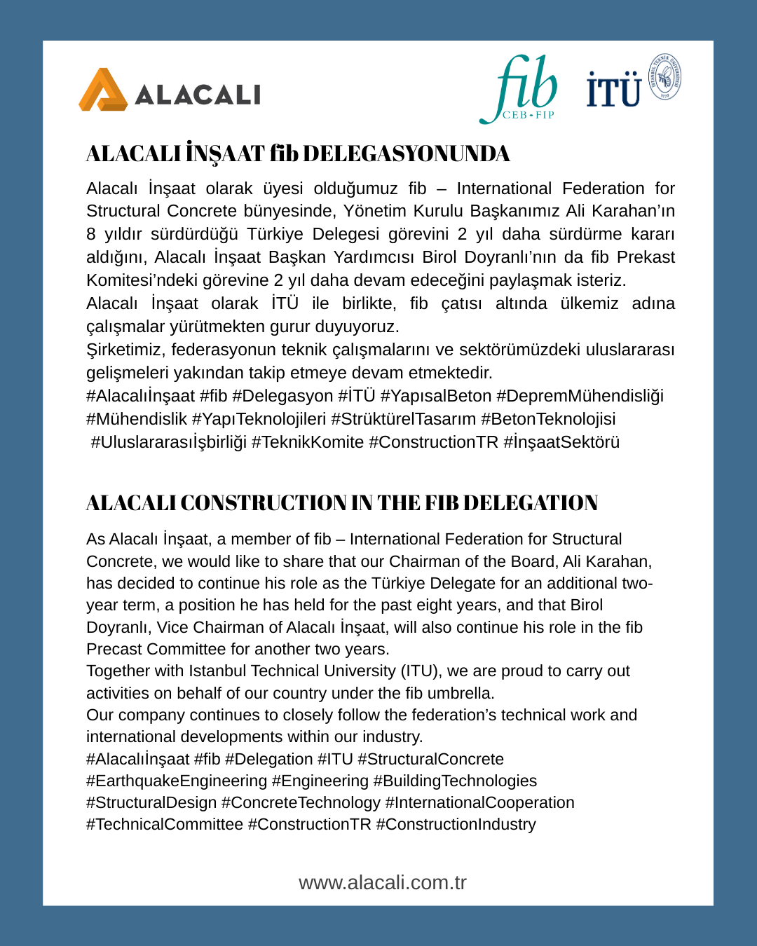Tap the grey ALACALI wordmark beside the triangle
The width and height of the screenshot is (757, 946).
click(x=198, y=95)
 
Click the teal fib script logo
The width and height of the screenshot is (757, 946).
click(x=522, y=85)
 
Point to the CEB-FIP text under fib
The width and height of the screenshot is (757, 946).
click(x=528, y=115)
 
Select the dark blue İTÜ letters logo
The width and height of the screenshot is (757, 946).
click(x=614, y=90)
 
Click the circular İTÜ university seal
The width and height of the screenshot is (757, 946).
click(x=664, y=76)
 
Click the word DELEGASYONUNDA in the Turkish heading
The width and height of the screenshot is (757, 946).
click(x=407, y=153)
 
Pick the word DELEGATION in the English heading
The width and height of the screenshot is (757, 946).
click(x=531, y=502)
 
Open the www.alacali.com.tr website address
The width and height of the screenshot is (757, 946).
click(x=383, y=882)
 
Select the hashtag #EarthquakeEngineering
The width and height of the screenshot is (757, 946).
click(x=177, y=781)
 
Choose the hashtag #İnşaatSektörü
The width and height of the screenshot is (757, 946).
click(x=561, y=442)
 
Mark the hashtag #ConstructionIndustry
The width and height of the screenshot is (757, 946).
click(x=456, y=824)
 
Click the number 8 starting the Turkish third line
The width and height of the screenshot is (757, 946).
click(x=91, y=234)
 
